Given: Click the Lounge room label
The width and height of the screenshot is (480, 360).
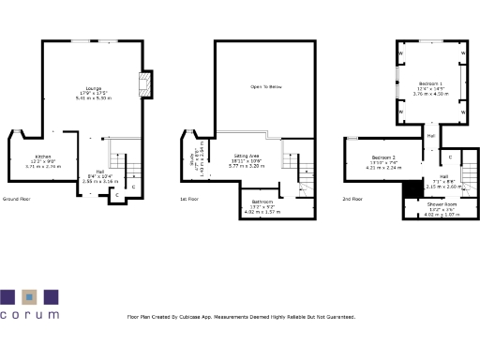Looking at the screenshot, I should point(95,88).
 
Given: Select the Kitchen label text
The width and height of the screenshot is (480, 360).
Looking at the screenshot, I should point(43,156).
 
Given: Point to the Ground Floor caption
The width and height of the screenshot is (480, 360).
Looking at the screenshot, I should point(18,200).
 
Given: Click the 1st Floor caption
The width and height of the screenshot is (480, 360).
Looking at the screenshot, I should point(188,200).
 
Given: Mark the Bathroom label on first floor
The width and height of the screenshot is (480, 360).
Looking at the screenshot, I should point(262,202).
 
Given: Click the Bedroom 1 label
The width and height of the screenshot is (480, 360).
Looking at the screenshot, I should point(431,83).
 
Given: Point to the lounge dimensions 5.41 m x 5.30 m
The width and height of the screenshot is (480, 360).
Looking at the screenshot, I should point(95,97).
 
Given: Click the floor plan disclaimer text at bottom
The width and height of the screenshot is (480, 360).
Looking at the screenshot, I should point(241,317).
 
